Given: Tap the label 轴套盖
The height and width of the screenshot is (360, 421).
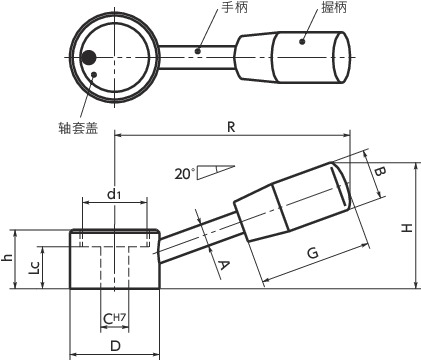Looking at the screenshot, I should click(78, 127).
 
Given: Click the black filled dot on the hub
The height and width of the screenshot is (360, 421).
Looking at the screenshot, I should click(90, 57).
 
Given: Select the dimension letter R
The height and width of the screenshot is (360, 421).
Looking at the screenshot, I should click(231, 127).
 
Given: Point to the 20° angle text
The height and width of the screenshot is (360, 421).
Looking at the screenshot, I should click(183, 172).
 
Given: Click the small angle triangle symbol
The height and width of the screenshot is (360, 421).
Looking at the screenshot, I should click(215, 171).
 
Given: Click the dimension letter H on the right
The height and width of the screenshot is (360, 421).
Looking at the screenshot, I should click(406, 228).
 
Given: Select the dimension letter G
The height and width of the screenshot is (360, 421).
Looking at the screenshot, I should click(311, 255).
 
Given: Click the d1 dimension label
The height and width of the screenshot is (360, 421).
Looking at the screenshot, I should click(114, 195).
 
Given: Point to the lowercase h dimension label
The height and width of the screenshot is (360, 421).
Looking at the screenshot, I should click(8, 258).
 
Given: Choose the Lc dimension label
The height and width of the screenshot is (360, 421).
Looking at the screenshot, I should click(35, 268).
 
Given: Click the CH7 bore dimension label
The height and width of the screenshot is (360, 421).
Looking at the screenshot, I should click(114, 319).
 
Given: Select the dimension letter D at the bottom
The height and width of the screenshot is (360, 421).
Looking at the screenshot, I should click(115, 346).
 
